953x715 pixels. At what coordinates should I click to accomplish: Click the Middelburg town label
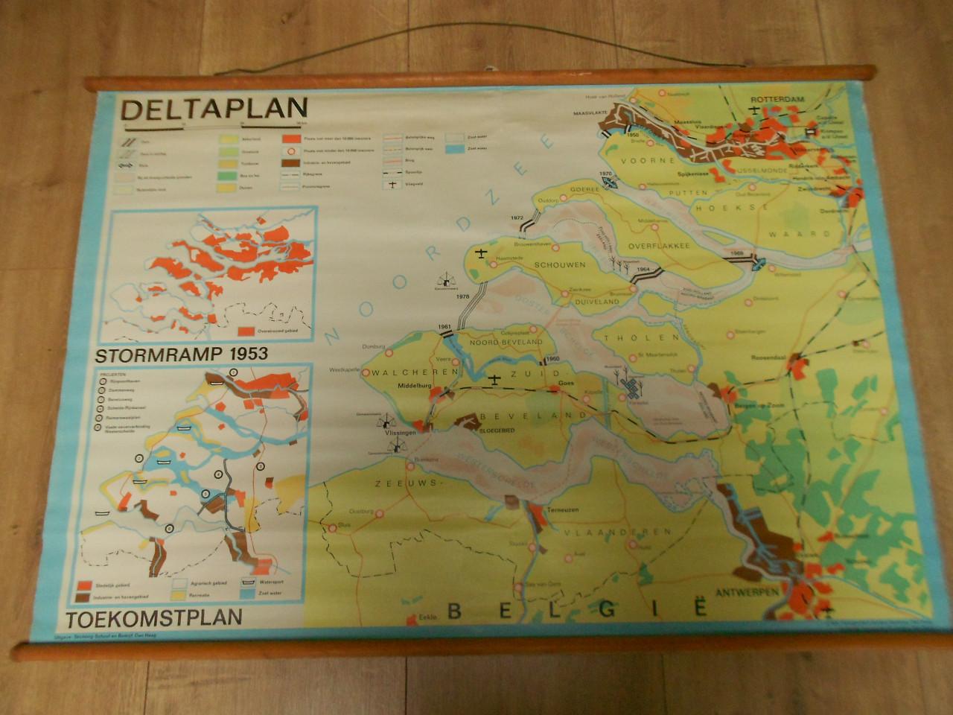pos(415,387)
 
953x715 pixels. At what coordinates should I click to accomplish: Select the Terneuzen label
pos(564,513)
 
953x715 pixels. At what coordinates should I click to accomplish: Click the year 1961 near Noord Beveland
pos(445,327)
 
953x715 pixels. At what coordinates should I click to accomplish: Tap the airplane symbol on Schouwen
pos(482,254)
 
